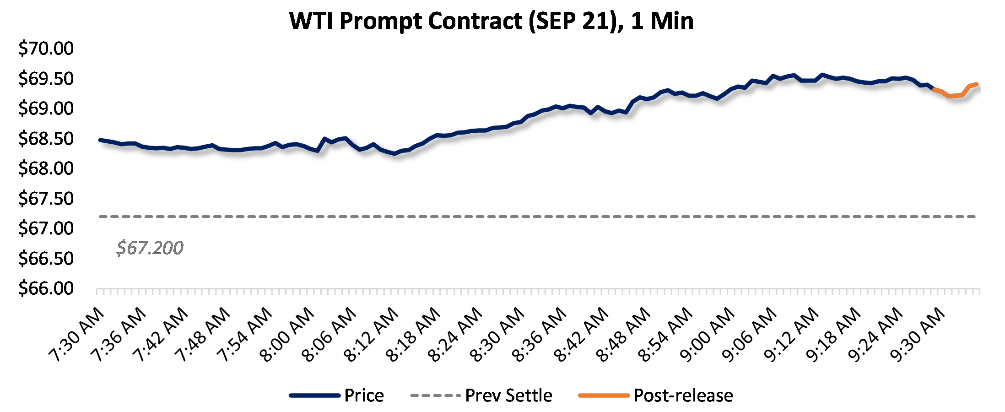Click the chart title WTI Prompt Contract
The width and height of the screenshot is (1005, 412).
tap(491, 21)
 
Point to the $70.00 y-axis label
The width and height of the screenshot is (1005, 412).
tap(46, 49)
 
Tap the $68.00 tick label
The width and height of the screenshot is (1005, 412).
tap(46, 168)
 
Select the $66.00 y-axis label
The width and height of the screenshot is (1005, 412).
tap(46, 288)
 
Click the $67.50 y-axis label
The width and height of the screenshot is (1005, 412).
tap(46, 199)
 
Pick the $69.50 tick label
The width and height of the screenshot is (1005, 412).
tap(46, 79)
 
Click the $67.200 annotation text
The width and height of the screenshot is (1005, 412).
tap(150, 248)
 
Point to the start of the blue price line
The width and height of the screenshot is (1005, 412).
tap(100, 140)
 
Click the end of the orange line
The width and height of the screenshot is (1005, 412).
tap(977, 84)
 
